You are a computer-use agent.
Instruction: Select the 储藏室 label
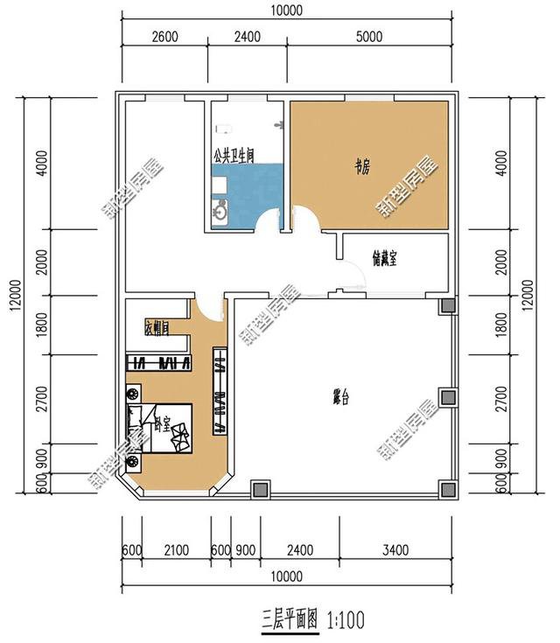click(x=385, y=258)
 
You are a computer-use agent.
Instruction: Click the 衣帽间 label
click(x=157, y=328)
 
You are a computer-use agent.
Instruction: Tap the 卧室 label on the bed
click(x=162, y=426)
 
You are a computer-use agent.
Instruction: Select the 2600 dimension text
click(x=164, y=37)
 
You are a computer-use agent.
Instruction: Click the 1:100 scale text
click(x=345, y=620)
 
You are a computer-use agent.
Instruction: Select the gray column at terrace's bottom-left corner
click(x=260, y=489)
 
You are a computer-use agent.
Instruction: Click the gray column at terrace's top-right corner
click(x=447, y=306)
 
